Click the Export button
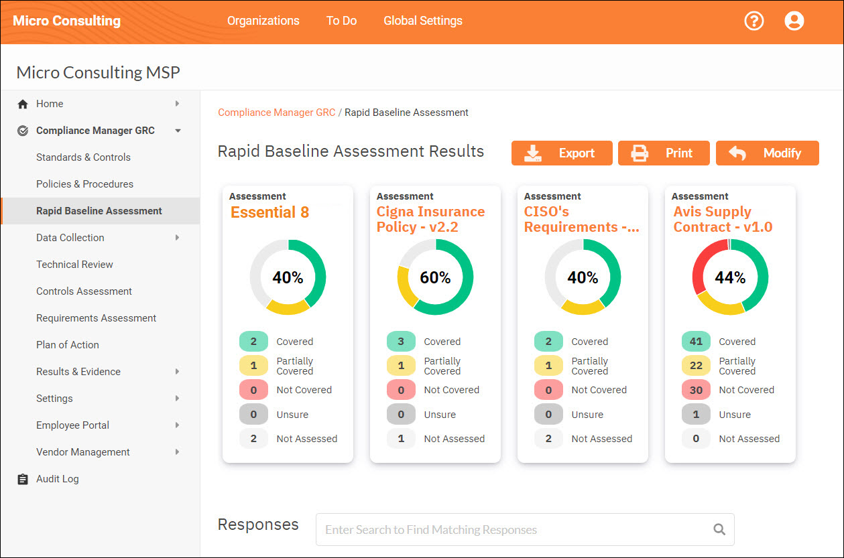tap(562, 153)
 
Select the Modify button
tap(767, 153)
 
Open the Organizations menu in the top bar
tap(263, 21)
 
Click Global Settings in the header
tap(422, 21)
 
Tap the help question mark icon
tap(754, 21)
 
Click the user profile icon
tap(794, 21)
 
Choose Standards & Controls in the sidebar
tap(83, 157)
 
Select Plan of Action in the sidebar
tap(68, 345)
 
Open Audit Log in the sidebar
tap(57, 479)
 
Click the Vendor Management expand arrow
tap(177, 452)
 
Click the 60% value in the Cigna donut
tap(435, 277)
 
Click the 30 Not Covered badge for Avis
tap(696, 390)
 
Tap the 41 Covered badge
tap(696, 342)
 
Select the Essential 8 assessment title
tap(269, 212)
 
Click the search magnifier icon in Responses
tap(719, 530)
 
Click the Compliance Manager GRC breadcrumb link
tap(276, 113)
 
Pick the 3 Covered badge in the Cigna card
tap(401, 342)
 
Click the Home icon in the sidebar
tap(23, 104)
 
